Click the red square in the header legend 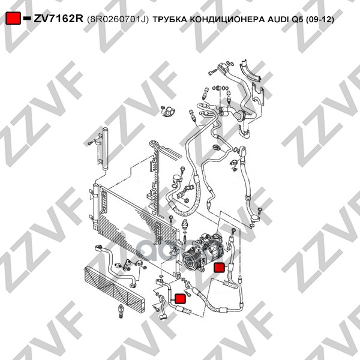(13, 18)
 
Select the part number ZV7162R (59, 19)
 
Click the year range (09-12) (320, 20)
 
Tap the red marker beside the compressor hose (219, 268)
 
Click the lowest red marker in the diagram (180, 298)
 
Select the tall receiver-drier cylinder (105, 149)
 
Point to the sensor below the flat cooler (121, 311)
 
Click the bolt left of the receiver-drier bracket (90, 143)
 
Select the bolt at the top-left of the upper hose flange (212, 73)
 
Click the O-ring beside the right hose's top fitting (236, 150)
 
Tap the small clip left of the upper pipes (168, 112)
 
